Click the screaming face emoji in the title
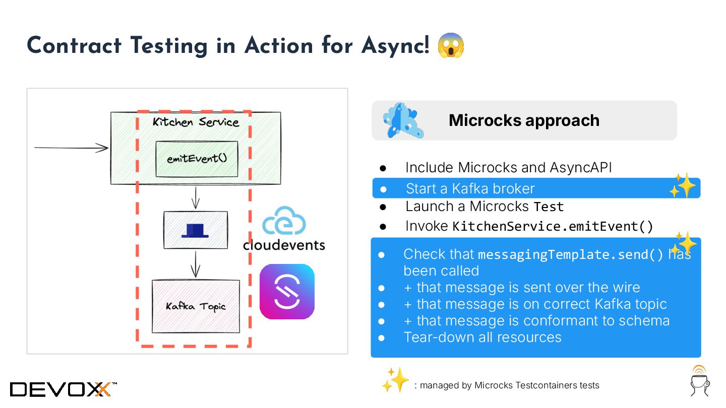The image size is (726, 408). tap(451, 45)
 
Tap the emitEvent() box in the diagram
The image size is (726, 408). tap(197, 159)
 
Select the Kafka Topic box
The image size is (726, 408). tap(196, 306)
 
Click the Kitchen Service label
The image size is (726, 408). tap(196, 122)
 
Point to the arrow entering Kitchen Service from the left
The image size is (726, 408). tap(71, 148)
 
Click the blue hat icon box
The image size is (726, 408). tap(196, 230)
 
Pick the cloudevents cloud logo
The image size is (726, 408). tap(284, 221)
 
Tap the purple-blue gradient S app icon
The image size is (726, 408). tap(287, 292)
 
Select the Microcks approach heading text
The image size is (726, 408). tap(524, 120)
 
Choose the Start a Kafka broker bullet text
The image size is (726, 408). tap(470, 188)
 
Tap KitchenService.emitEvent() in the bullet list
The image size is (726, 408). tap(553, 226)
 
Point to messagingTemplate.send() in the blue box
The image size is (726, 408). tap(571, 254)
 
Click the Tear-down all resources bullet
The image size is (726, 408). tap(482, 337)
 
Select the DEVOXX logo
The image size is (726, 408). tap(64, 389)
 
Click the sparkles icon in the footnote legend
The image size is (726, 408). tap(395, 379)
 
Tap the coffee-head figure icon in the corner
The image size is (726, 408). tap(699, 381)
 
